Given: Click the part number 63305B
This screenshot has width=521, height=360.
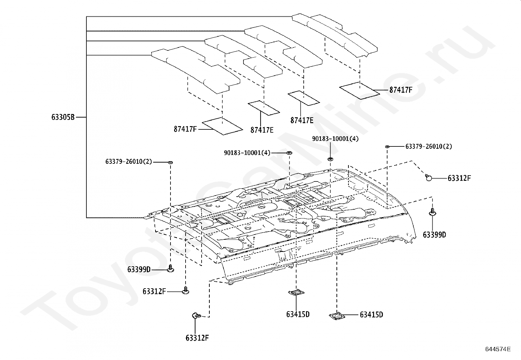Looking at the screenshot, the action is point(63,117).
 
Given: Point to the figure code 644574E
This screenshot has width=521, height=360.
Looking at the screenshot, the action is point(498,349).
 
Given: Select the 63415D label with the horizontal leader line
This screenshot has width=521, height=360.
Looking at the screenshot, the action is point(371,315).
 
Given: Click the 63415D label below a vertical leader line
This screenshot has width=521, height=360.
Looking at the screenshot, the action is point(298,314).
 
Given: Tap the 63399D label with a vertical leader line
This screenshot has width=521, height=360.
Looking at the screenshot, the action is point(435,235).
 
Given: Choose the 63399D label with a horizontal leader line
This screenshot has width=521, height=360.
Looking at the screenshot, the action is point(139,270).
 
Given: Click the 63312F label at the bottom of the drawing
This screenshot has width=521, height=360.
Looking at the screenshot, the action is point(197,338).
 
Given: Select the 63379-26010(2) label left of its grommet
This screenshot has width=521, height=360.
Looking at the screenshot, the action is point(129,161).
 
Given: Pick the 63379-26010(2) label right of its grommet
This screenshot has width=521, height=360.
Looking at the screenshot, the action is point(429,146).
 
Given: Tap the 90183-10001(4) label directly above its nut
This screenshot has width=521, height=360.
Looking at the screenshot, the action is point(335,139).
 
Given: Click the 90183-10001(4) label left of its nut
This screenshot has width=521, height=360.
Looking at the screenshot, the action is point(247,153).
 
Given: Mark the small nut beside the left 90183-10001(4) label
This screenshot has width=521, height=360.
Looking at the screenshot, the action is point(289,153).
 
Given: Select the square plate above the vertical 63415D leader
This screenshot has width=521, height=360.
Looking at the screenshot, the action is point(296,293).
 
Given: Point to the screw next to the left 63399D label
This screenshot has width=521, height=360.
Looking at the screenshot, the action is point(171,269).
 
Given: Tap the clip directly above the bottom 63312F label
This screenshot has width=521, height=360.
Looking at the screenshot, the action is point(196,316).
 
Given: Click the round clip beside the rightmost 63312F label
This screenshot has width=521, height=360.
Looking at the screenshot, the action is point(428,178).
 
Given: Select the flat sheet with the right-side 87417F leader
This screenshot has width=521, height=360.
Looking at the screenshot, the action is point(360,91).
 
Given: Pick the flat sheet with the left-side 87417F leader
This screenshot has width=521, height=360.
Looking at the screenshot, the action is point(223,126).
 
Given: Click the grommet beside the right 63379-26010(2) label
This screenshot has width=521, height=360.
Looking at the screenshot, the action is point(387,146).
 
